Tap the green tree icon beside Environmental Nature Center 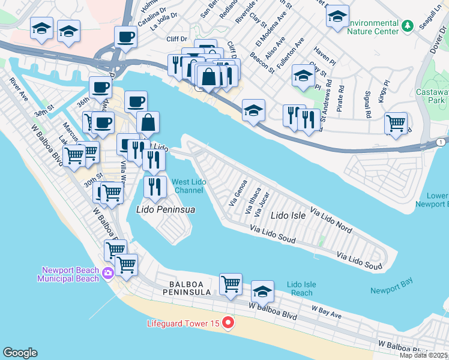[408, 26]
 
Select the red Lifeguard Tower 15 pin [228, 323]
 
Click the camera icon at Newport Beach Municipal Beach [108, 274]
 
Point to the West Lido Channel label [188, 186]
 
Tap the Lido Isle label [289, 214]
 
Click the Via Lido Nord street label [331, 220]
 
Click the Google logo [20, 353]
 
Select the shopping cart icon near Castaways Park [396, 123]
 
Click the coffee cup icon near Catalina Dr [125, 37]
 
